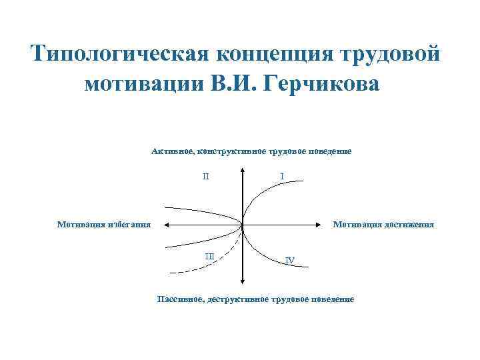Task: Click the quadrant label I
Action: coord(283,177)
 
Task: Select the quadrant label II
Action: coord(206,177)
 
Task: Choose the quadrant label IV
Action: coord(289,260)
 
